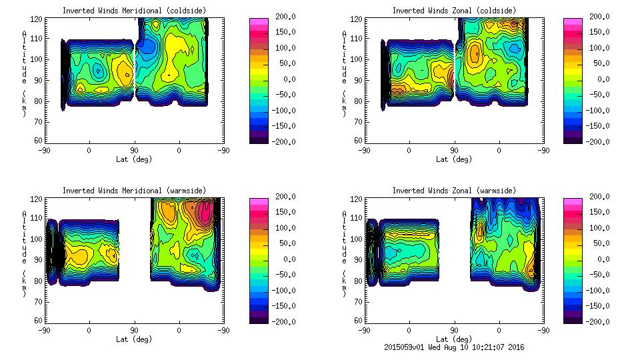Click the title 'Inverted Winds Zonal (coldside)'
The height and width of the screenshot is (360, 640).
point(454,10)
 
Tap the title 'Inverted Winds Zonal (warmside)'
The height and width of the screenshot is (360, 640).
point(454,190)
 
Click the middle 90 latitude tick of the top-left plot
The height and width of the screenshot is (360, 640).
point(134,150)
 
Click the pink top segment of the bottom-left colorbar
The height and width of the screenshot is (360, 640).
point(259,201)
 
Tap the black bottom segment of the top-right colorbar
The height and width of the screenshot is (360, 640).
point(573,138)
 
